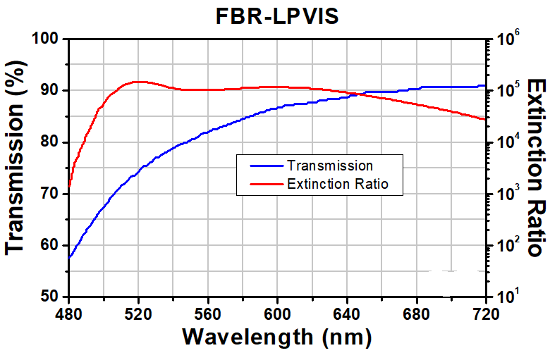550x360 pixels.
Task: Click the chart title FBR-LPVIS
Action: click(x=277, y=15)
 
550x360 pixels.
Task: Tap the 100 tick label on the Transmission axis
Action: click(x=45, y=38)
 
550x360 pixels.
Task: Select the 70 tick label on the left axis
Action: click(x=49, y=194)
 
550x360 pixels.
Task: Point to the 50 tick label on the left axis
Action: click(x=49, y=297)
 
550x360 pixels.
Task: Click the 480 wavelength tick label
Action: click(x=69, y=314)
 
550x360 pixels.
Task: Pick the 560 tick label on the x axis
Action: click(x=208, y=314)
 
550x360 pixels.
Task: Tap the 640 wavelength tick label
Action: click(x=347, y=314)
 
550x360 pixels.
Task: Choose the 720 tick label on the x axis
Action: click(x=486, y=314)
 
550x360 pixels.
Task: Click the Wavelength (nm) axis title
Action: click(x=277, y=337)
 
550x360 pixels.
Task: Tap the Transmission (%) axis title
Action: click(x=16, y=157)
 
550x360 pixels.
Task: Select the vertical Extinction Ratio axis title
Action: click(x=537, y=168)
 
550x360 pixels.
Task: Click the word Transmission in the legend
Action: click(x=330, y=166)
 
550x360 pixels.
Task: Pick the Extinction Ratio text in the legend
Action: click(x=338, y=184)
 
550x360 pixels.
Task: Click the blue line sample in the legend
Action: click(x=267, y=166)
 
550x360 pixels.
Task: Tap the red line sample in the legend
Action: click(x=267, y=184)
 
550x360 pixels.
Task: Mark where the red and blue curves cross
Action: click(x=357, y=94)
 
